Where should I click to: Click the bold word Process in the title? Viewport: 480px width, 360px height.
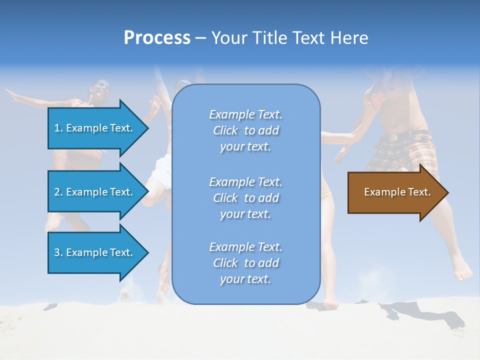pos(157,38)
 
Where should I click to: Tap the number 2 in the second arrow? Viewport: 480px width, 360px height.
pos(57,192)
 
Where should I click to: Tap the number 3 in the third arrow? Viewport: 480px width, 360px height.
pos(57,252)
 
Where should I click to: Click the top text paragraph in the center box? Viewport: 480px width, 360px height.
pos(245,130)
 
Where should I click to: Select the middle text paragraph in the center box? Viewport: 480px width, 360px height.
pos(245,198)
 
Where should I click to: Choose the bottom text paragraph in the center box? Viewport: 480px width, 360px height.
pos(245,263)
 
